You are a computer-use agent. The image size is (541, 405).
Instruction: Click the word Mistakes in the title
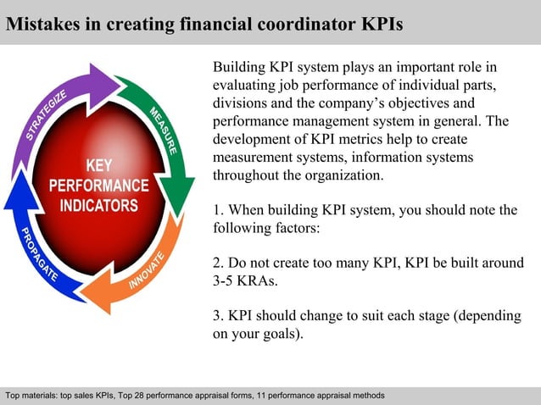[42, 23]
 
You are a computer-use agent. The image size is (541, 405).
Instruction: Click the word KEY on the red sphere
[103, 164]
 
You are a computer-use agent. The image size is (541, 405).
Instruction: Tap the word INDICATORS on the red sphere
[103, 206]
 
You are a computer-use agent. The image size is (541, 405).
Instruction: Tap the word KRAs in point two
[264, 281]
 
